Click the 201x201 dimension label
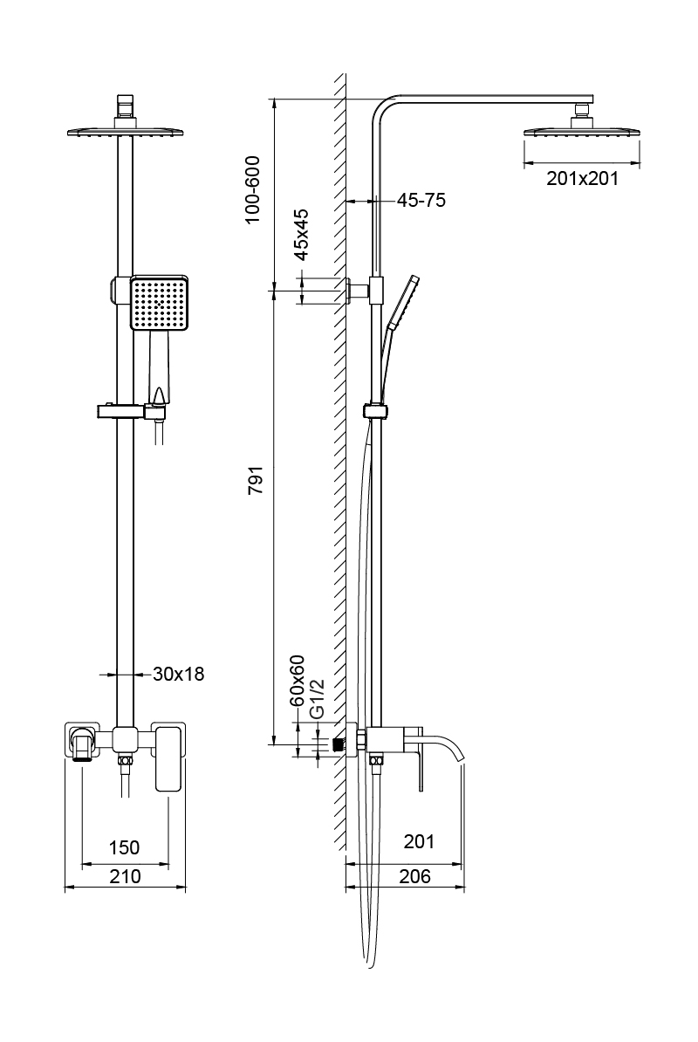[582, 179]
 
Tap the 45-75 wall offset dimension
[421, 201]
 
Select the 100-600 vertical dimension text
[253, 190]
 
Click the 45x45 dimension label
[300, 236]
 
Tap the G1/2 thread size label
[318, 698]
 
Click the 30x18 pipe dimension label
[178, 674]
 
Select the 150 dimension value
[124, 847]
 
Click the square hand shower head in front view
[159, 304]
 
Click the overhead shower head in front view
[126, 132]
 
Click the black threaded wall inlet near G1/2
[339, 744]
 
